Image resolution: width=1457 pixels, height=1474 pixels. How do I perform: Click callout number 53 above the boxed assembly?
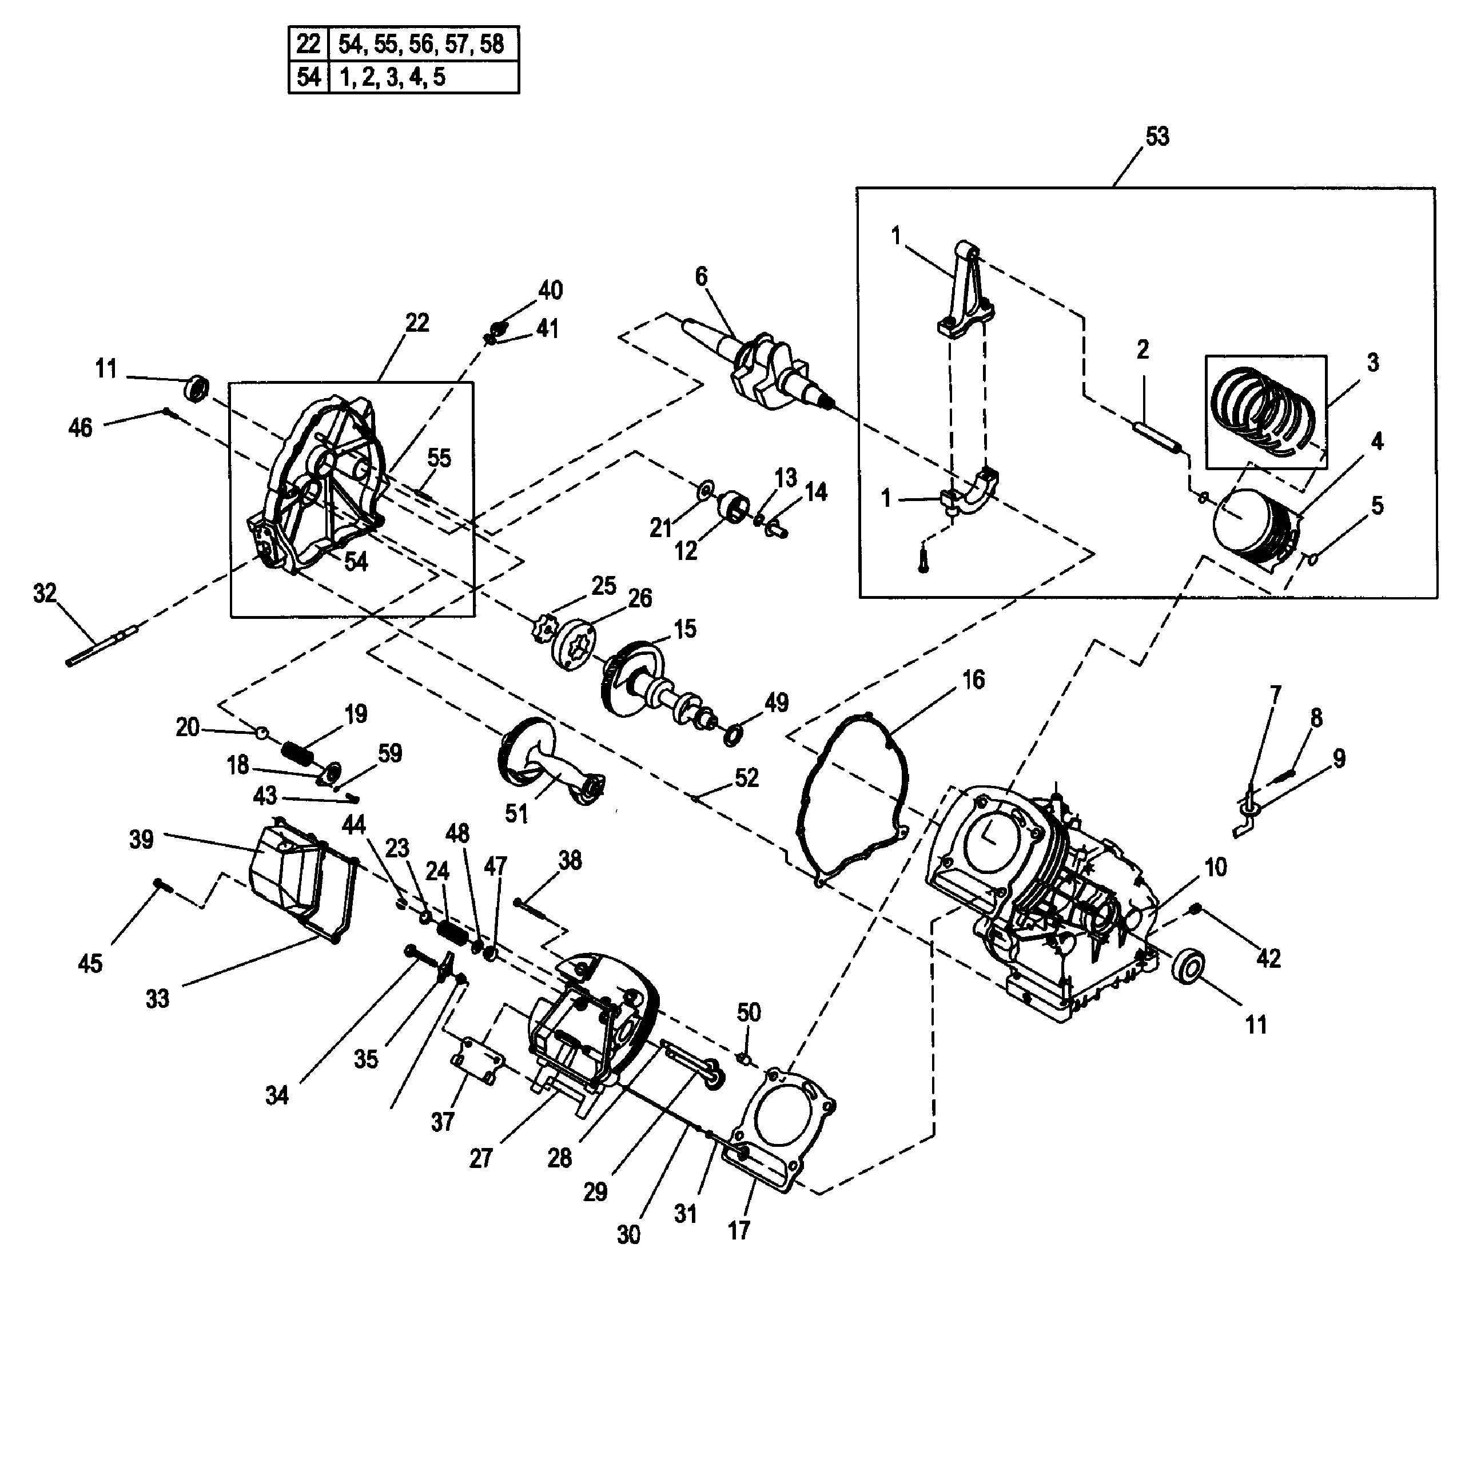click(x=1156, y=137)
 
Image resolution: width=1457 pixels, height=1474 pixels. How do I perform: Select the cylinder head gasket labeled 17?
click(x=786, y=1125)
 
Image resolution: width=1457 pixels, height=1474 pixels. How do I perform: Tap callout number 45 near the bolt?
click(x=90, y=964)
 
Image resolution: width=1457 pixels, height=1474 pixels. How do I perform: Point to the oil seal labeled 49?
click(x=733, y=734)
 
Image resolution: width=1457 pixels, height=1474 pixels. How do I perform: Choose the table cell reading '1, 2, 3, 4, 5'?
click(x=423, y=77)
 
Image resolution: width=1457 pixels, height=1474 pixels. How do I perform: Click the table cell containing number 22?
click(x=308, y=43)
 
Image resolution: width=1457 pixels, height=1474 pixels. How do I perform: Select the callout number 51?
click(x=516, y=813)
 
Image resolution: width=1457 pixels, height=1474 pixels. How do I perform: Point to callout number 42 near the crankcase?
click(x=1268, y=958)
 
